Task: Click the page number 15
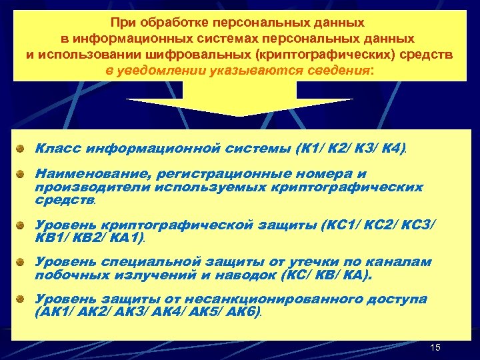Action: pos(436,347)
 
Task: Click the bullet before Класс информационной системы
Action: pos(23,147)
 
